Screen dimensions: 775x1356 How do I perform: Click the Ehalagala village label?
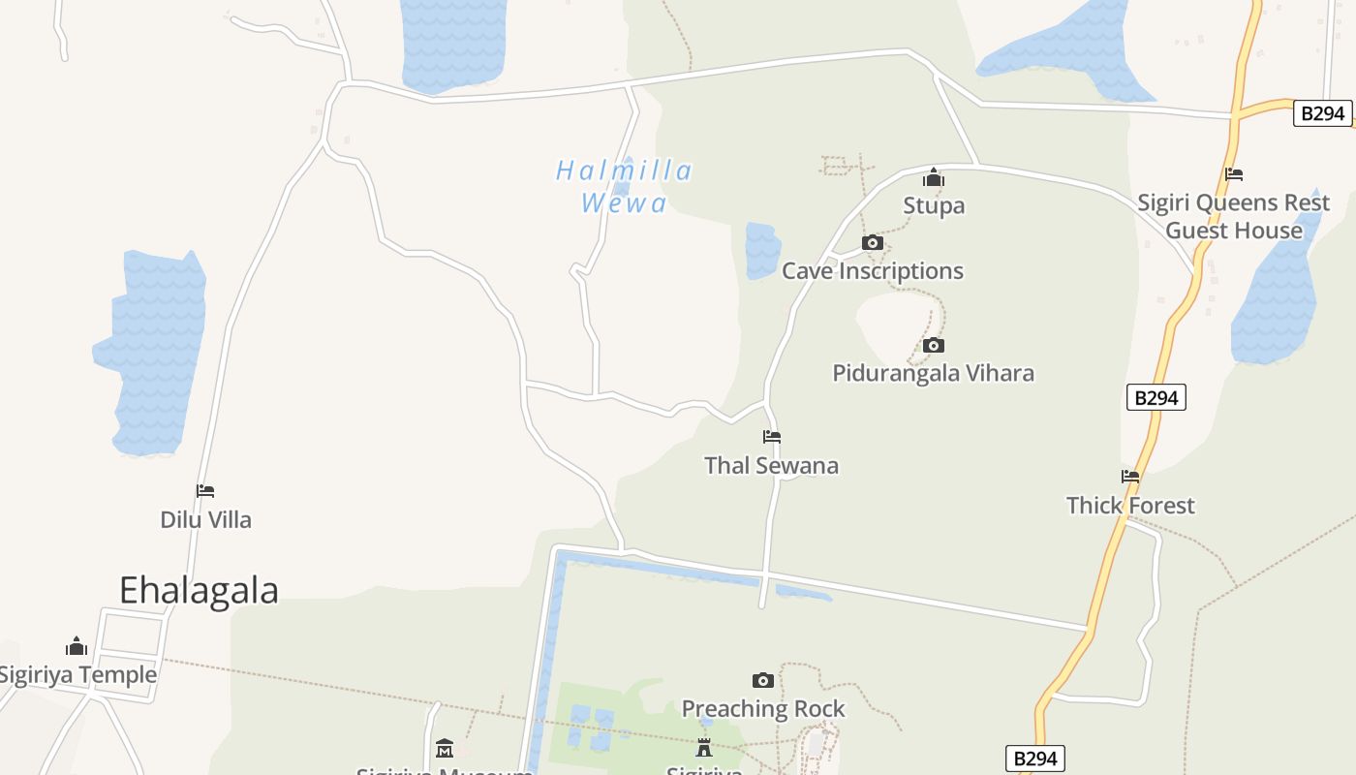pyautogui.click(x=199, y=590)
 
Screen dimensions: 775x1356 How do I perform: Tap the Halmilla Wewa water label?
pyautogui.click(x=625, y=186)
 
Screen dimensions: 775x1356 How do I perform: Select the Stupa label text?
pyautogui.click(x=934, y=205)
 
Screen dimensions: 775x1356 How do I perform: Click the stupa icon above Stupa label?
pyautogui.click(x=934, y=177)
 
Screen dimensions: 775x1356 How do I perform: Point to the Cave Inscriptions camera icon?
pyautogui.click(x=872, y=242)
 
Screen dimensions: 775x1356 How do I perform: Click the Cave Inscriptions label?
pyautogui.click(x=872, y=271)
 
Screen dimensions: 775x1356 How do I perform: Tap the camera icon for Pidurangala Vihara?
pyautogui.click(x=934, y=345)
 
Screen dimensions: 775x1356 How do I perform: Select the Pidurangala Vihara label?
pyautogui.click(x=934, y=373)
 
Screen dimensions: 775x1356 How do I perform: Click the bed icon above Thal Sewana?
pyautogui.click(x=772, y=437)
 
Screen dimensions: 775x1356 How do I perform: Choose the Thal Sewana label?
pyautogui.click(x=772, y=465)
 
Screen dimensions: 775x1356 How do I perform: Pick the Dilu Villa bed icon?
pyautogui.click(x=205, y=491)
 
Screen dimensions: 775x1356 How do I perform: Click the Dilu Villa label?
pyautogui.click(x=205, y=519)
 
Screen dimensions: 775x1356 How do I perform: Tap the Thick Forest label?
pyautogui.click(x=1130, y=505)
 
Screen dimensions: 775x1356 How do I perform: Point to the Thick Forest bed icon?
pyautogui.click(x=1130, y=477)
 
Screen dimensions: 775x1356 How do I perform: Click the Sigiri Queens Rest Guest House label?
pyautogui.click(x=1233, y=217)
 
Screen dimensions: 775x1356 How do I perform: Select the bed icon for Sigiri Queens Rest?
pyautogui.click(x=1234, y=174)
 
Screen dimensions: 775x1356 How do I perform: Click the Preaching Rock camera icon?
pyautogui.click(x=763, y=680)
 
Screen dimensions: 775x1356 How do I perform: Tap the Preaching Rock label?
pyautogui.click(x=763, y=708)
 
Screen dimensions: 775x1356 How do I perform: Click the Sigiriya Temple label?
pyautogui.click(x=77, y=674)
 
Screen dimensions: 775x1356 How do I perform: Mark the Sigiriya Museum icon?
pyautogui.click(x=445, y=748)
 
